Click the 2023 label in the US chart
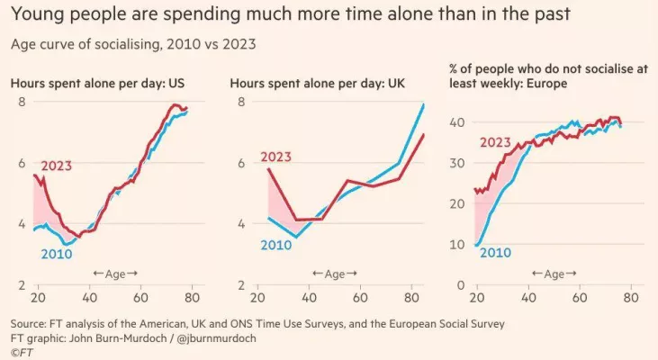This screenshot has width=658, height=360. tap(57, 165)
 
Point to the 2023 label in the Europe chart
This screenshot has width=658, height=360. tap(496, 141)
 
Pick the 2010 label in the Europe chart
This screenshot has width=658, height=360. tap(495, 252)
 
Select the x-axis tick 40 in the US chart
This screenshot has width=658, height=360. tap(89, 297)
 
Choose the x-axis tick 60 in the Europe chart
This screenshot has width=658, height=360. tap(581, 297)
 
